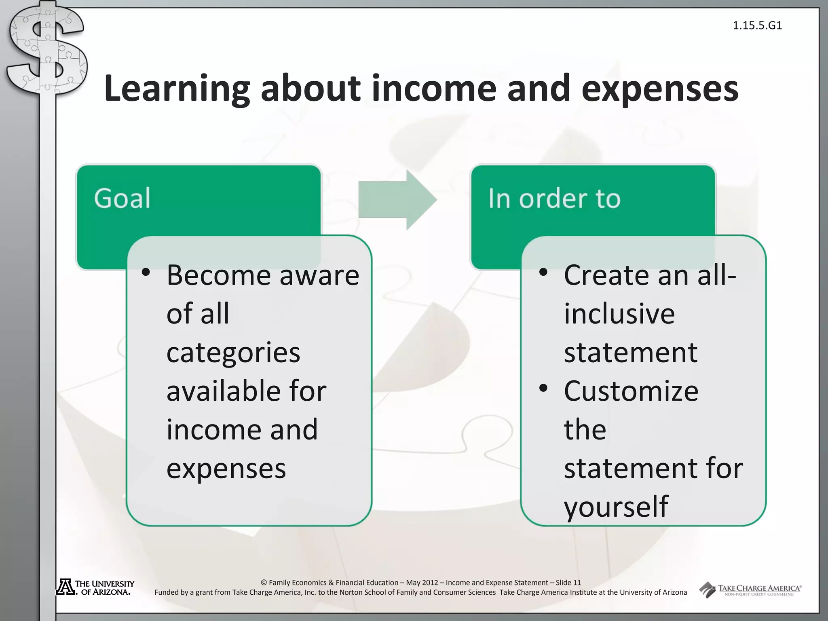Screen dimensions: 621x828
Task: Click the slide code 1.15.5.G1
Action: (x=757, y=25)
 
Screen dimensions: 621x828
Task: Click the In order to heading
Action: (x=554, y=199)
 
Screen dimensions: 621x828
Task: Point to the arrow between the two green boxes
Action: (x=397, y=200)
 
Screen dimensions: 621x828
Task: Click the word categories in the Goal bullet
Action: (x=233, y=352)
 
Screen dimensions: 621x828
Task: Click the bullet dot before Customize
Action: (x=543, y=388)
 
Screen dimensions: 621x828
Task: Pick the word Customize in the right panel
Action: (x=631, y=391)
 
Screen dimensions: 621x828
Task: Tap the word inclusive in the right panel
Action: (x=619, y=314)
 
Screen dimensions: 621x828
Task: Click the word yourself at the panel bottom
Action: (x=616, y=506)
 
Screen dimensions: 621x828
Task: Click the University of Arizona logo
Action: (x=95, y=587)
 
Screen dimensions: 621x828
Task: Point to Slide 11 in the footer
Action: (x=568, y=583)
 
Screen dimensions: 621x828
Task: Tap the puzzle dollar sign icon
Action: (x=46, y=51)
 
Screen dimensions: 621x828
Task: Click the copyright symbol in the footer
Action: (x=264, y=583)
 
